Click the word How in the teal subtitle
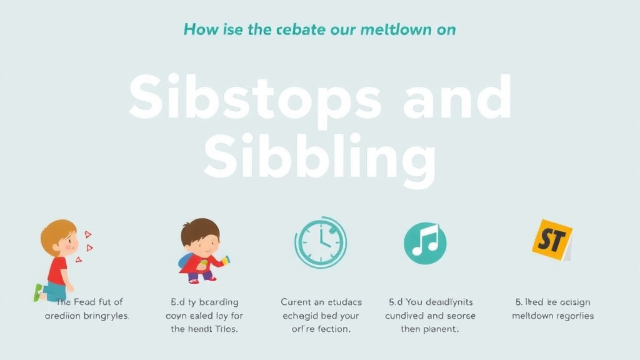202,29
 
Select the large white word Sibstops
255,99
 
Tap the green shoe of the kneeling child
38,292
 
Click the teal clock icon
321,242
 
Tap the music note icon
425,242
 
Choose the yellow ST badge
551,239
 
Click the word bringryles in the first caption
103,316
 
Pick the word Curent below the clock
296,302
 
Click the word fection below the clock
331,329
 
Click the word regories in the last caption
571,316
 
